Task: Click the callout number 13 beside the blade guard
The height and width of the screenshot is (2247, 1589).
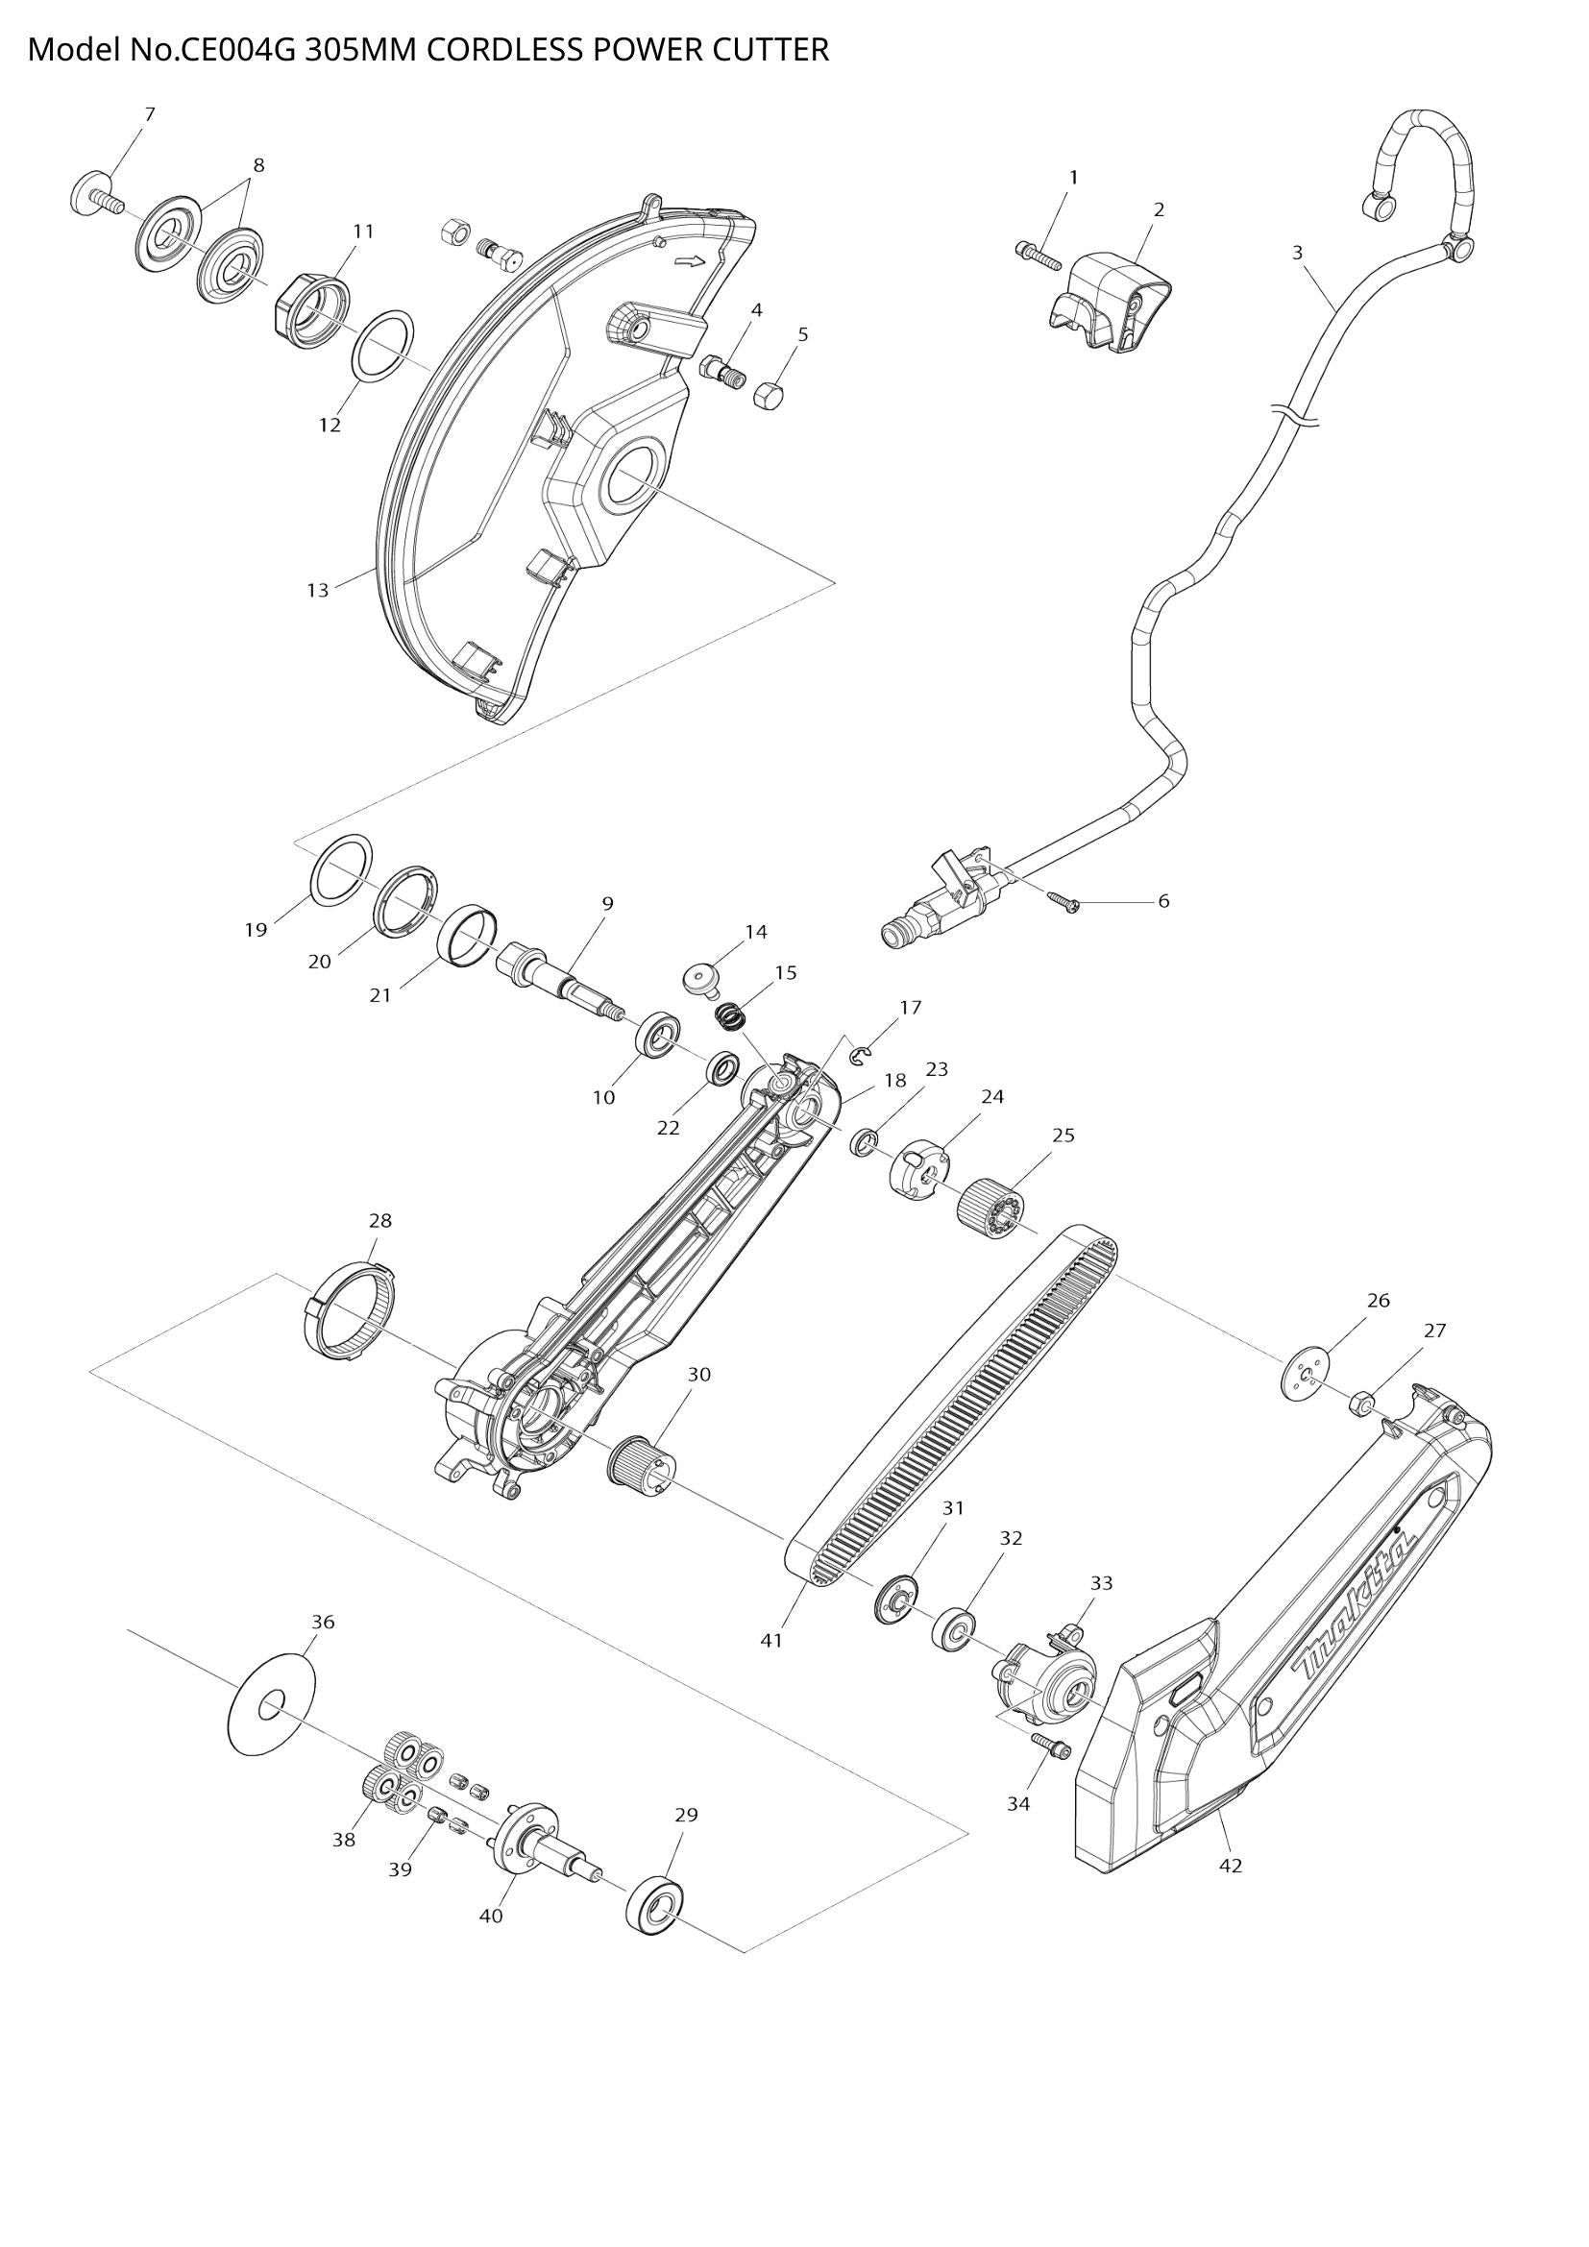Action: pyautogui.click(x=317, y=590)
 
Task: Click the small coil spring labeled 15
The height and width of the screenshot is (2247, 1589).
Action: pyautogui.click(x=729, y=1016)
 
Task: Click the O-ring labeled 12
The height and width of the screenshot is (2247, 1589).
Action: pyautogui.click(x=381, y=350)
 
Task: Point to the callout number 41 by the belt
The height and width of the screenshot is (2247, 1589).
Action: pyautogui.click(x=772, y=1640)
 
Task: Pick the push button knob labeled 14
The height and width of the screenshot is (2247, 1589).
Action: pyautogui.click(x=700, y=976)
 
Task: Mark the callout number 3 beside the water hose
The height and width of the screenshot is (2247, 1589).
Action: pyautogui.click(x=1297, y=253)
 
